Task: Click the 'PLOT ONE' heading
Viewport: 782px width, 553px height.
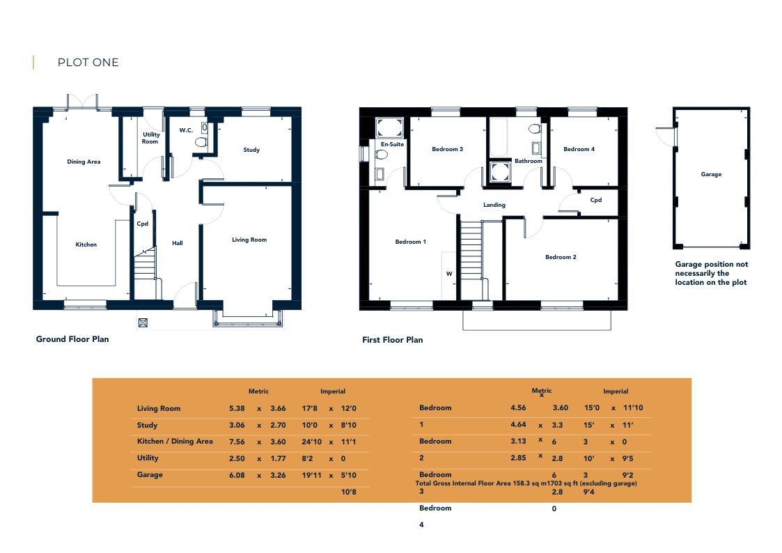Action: pos(88,62)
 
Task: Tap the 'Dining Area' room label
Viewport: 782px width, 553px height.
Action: pos(84,162)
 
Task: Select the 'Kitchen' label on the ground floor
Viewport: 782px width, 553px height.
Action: pos(86,244)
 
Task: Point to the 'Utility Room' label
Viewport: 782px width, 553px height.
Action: pos(150,138)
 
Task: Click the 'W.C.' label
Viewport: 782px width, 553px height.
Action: pos(186,130)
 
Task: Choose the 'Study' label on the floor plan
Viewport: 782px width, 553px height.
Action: pos(251,150)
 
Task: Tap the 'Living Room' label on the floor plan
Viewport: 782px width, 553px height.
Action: pos(249,240)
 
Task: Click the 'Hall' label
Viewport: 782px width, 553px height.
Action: pos(177,243)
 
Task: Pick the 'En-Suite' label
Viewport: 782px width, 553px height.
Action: pos(393,144)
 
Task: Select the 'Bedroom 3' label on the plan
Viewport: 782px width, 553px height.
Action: pos(447,149)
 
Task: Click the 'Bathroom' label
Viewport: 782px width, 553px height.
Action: pos(528,161)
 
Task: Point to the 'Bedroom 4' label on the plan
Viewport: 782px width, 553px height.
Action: pos(579,149)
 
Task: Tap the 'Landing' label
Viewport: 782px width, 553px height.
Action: pos(494,205)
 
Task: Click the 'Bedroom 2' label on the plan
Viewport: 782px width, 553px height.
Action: pos(561,257)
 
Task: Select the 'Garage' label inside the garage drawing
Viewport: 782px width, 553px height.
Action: pos(711,175)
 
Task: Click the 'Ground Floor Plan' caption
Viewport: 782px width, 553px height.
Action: pos(72,339)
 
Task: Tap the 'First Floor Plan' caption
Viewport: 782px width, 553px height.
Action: pos(393,340)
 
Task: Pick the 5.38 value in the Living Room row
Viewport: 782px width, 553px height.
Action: pos(237,408)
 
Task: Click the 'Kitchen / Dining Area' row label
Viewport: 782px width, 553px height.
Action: pos(175,442)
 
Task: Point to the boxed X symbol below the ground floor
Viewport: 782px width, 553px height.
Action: pos(143,323)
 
